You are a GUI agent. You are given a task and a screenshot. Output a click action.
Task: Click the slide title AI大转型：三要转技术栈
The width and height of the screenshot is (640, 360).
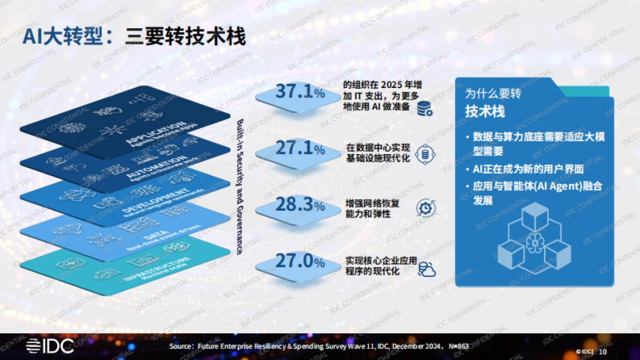(134, 38)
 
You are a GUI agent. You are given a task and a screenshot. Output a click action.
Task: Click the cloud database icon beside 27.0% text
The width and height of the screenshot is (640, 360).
(427, 269)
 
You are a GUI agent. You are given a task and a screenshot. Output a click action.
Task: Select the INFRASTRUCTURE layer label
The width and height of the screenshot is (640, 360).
(149, 267)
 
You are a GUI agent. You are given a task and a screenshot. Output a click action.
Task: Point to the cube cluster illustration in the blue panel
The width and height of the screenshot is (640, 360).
(533, 240)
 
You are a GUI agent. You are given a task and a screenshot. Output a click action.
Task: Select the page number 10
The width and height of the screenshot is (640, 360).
(603, 351)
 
